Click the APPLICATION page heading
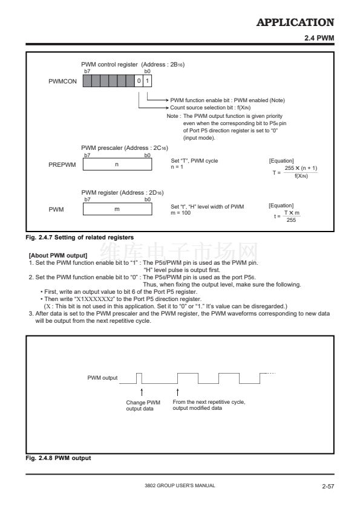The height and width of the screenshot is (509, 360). pyautogui.click(x=295, y=22)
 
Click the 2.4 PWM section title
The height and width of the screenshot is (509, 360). pyautogui.click(x=319, y=38)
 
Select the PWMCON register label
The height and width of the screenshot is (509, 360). pyautogui.click(x=63, y=81)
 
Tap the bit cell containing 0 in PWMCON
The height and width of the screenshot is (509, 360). pyautogui.click(x=139, y=81)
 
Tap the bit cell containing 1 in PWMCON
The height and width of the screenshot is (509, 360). pyautogui.click(x=147, y=81)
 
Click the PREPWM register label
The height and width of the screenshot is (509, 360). pyautogui.click(x=62, y=164)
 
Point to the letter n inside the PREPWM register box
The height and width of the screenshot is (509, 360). pyautogui.click(x=117, y=164)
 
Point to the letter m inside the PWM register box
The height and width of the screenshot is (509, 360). pyautogui.click(x=117, y=209)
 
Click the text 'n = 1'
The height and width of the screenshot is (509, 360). pyautogui.click(x=177, y=167)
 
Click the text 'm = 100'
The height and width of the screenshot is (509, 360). pyautogui.click(x=181, y=213)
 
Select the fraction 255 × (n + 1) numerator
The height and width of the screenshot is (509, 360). pyautogui.click(x=301, y=168)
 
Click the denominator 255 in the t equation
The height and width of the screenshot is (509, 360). pyautogui.click(x=291, y=220)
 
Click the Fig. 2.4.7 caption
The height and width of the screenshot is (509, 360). pyautogui.click(x=80, y=238)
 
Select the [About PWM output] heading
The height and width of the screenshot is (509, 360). pyautogui.click(x=58, y=256)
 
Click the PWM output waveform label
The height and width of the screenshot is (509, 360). pyautogui.click(x=102, y=378)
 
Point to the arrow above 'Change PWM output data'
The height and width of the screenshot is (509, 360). pyautogui.click(x=142, y=392)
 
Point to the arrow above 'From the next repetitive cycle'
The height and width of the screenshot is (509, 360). pyautogui.click(x=178, y=392)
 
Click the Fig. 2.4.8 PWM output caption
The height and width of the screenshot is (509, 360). pyautogui.click(x=58, y=458)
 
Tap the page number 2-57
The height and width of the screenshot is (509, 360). pyautogui.click(x=328, y=486)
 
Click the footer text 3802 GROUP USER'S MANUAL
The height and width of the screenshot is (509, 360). pyautogui.click(x=180, y=485)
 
